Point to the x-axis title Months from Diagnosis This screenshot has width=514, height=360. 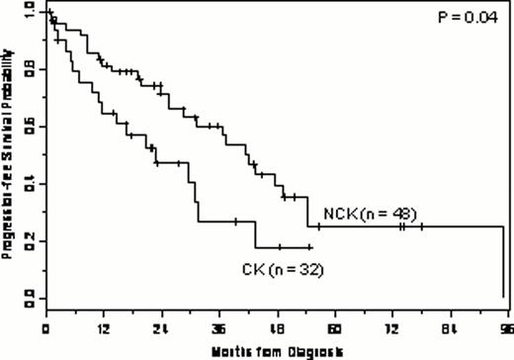pyautogui.click(x=277, y=350)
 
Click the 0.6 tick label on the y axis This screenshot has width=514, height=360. pyautogui.click(x=30, y=126)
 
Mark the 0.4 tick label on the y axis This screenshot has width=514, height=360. pyautogui.click(x=30, y=183)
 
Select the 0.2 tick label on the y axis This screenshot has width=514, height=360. pyautogui.click(x=30, y=239)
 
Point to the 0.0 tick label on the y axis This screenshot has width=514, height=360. pyautogui.click(x=30, y=296)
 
